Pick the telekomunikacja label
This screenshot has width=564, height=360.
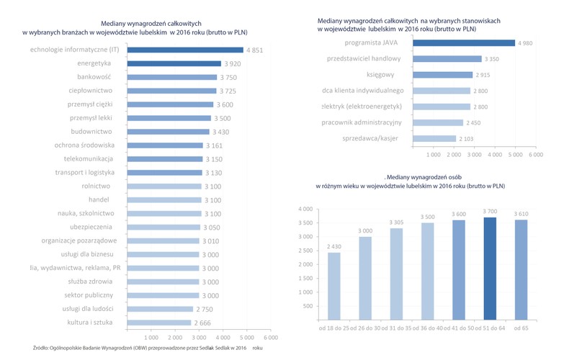[x=89, y=158]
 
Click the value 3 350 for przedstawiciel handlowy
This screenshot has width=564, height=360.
[x=493, y=59]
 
